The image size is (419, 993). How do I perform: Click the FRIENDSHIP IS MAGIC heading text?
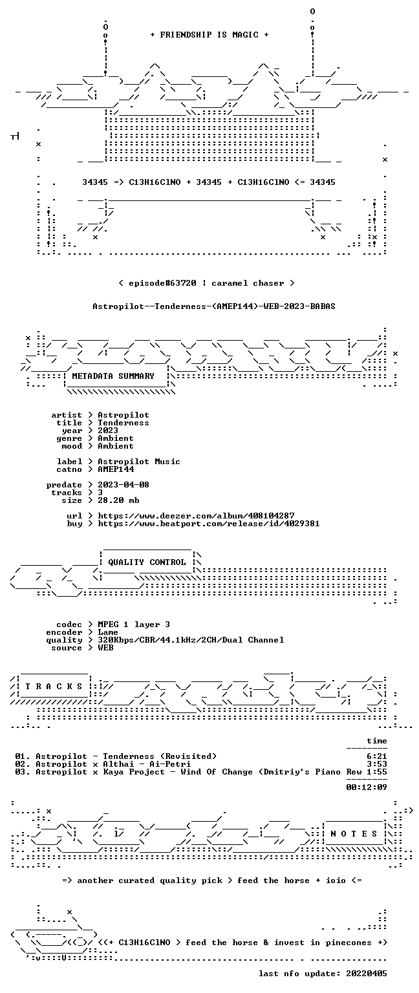pos(209,34)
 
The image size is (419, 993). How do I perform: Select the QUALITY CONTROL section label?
pos(147,562)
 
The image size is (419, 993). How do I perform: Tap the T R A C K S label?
pos(54,686)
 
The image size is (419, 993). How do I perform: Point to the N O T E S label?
pos(354,834)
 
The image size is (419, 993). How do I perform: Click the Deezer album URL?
pos(196,515)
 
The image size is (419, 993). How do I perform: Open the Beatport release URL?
pos(208,524)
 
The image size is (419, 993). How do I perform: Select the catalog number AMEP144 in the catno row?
pos(116,469)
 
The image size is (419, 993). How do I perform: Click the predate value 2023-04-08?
pos(124,484)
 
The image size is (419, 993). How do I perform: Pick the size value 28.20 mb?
pos(118,500)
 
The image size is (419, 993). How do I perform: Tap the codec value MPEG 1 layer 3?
pos(134,624)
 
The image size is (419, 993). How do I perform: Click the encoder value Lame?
pos(108,632)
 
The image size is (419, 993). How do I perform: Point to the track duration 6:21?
pos(377,756)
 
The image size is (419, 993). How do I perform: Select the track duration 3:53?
pos(377,764)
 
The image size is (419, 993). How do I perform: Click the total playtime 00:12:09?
pos(367,787)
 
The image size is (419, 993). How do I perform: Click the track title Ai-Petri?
pos(170,764)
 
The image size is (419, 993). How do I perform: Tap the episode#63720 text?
pos(162,283)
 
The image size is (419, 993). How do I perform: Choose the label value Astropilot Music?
pos(139,462)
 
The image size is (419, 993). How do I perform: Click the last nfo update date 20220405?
pos(367,974)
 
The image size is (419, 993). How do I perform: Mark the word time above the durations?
pos(377,741)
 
